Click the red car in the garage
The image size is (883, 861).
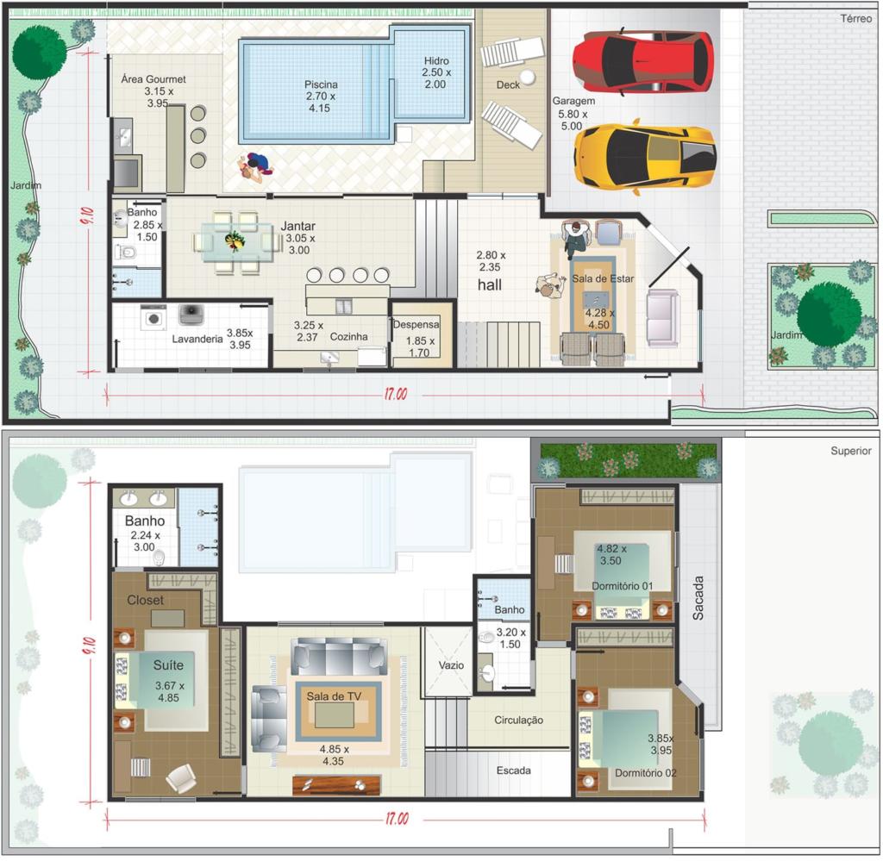pyautogui.click(x=643, y=61)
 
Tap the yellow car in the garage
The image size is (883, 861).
pyautogui.click(x=645, y=157)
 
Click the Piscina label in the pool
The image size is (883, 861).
pyautogui.click(x=321, y=84)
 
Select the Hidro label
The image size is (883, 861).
pyautogui.click(x=436, y=61)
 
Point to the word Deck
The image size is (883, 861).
pyautogui.click(x=508, y=85)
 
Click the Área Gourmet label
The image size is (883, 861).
pyautogui.click(x=153, y=79)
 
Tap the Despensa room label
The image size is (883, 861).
pyautogui.click(x=416, y=325)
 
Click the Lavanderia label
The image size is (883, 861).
pyautogui.click(x=197, y=339)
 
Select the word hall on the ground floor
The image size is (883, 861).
pyautogui.click(x=490, y=284)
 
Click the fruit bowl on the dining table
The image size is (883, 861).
pyautogui.click(x=235, y=241)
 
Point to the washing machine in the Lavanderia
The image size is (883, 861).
pyautogui.click(x=153, y=318)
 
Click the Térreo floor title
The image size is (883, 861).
pyautogui.click(x=856, y=19)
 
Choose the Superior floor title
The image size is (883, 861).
pyautogui.click(x=851, y=451)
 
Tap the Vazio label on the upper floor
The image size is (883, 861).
pyautogui.click(x=451, y=665)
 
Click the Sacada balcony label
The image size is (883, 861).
pyautogui.click(x=698, y=597)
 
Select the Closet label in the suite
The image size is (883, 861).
pyautogui.click(x=145, y=600)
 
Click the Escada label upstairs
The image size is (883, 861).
pyautogui.click(x=514, y=771)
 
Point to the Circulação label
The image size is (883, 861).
pyautogui.click(x=518, y=720)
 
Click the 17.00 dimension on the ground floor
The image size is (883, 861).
pyautogui.click(x=396, y=394)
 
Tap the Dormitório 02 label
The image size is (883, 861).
pyautogui.click(x=645, y=773)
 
